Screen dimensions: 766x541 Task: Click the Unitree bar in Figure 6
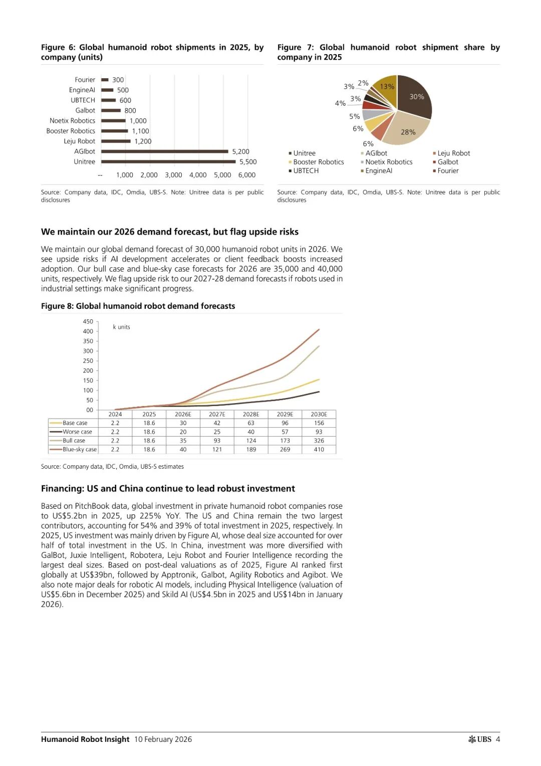(168, 161)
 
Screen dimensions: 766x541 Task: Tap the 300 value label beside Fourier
(118, 80)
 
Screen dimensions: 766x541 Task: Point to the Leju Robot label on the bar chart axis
(79, 141)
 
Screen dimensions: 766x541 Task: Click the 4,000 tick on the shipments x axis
(198, 175)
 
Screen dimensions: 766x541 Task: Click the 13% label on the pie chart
(387, 86)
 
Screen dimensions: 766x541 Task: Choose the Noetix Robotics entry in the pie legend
(389, 162)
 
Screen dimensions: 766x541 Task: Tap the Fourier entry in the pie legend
(448, 171)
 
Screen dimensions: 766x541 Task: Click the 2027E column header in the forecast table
(217, 414)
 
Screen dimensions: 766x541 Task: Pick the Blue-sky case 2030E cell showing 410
(319, 450)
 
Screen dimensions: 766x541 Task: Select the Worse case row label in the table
(77, 432)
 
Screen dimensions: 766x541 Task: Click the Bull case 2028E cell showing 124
(251, 441)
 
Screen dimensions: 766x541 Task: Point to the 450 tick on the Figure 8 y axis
(88, 322)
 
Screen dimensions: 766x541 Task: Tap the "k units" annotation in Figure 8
(121, 327)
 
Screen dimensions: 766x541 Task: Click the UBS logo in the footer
(480, 739)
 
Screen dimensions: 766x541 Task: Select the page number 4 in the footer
(498, 739)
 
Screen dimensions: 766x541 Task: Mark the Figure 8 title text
(138, 306)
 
